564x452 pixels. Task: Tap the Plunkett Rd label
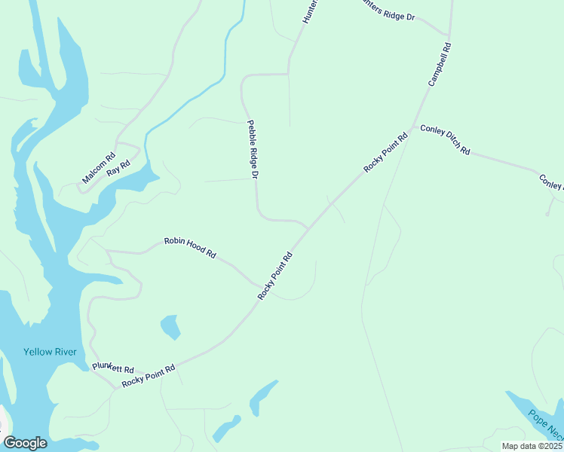click(112, 368)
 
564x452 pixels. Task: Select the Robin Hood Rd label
click(190, 249)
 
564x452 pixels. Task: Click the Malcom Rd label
click(99, 169)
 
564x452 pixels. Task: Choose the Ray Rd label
click(118, 168)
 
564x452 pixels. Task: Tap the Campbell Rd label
click(440, 64)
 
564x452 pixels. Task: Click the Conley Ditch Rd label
click(445, 140)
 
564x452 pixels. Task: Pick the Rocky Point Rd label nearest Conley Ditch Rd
click(385, 153)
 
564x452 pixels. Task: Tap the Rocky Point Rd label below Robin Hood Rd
click(274, 276)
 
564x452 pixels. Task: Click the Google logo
click(25, 443)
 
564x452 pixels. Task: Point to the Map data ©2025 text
click(532, 446)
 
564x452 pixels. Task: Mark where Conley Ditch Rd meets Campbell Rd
click(412, 126)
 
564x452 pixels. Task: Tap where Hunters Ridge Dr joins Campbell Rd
click(449, 35)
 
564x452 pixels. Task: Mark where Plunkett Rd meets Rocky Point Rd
click(118, 387)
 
